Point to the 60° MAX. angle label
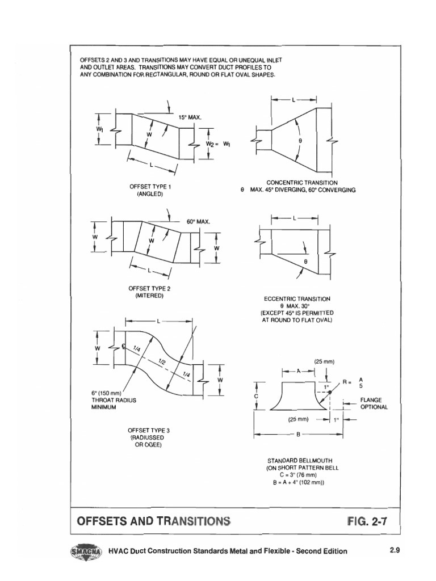click(198, 221)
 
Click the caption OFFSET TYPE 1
click(150, 187)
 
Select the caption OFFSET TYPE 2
click(150, 288)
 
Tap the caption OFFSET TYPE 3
click(149, 430)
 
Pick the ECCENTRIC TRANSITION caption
click(297, 298)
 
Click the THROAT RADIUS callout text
click(114, 399)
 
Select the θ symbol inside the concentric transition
click(300, 140)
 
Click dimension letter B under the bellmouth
click(297, 435)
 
